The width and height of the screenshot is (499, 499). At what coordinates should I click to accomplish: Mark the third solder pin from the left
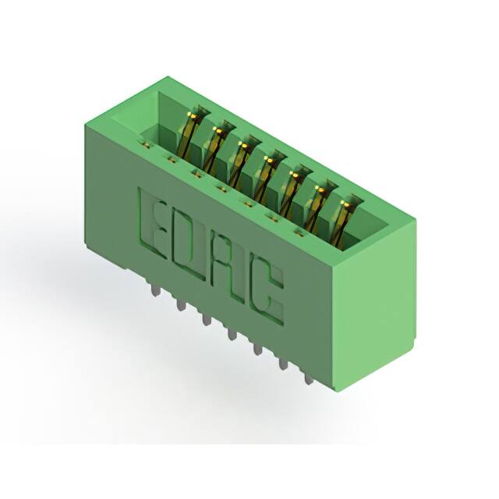(206, 317)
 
